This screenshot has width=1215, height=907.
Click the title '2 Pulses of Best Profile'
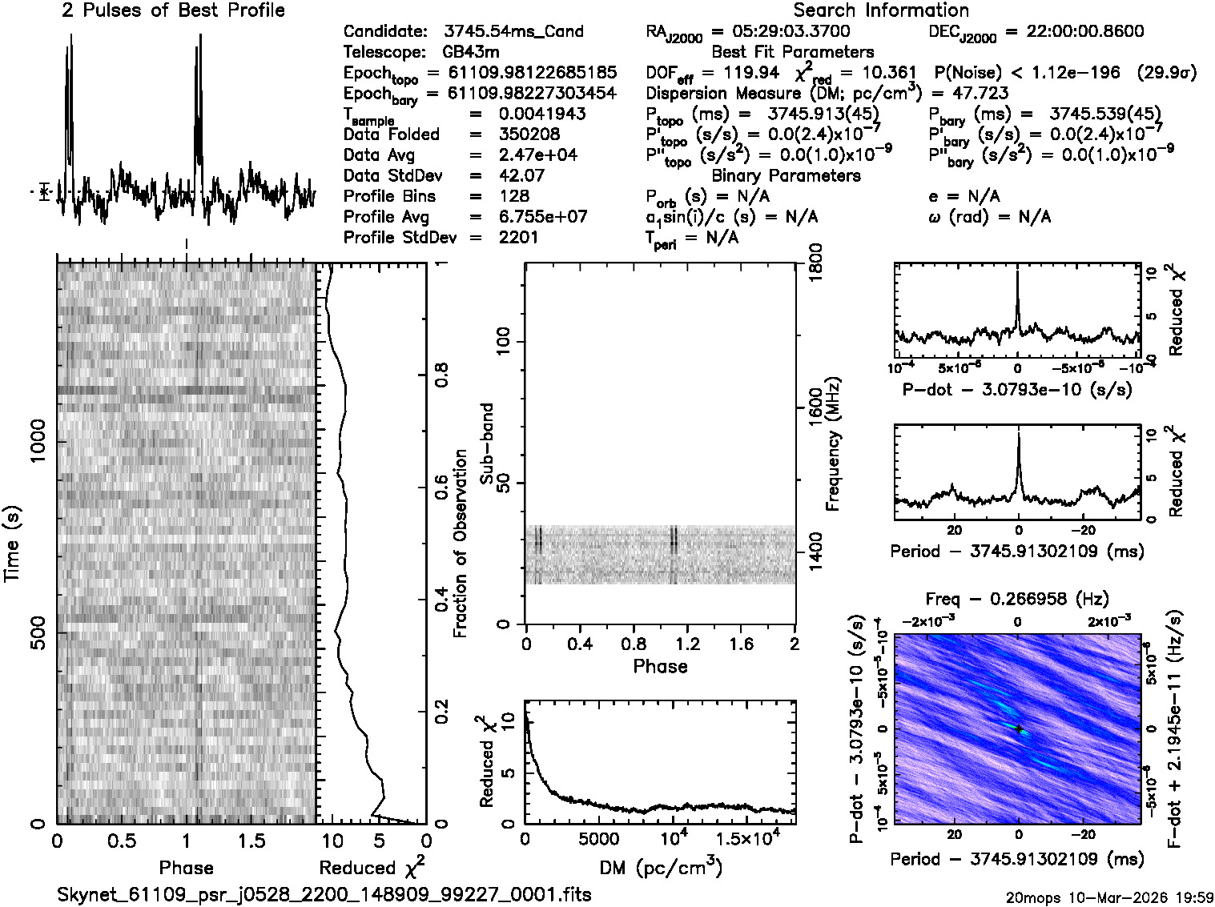click(x=173, y=10)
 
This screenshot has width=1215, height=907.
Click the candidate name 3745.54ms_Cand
click(x=513, y=32)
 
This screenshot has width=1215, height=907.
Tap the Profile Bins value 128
click(x=513, y=196)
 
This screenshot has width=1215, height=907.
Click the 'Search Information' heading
click(x=881, y=10)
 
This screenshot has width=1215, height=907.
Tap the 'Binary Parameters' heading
click(x=787, y=175)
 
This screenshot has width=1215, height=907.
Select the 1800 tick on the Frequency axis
click(x=815, y=263)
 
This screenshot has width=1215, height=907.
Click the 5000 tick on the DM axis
click(x=599, y=840)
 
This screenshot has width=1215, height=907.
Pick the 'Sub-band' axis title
click(x=487, y=443)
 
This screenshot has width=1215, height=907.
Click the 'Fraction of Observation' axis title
click(x=461, y=544)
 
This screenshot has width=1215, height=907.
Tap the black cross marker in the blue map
click(x=1019, y=728)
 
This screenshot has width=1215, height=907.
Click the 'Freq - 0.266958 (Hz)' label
click(x=1017, y=600)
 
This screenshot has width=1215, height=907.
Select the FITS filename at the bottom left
click(x=324, y=894)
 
